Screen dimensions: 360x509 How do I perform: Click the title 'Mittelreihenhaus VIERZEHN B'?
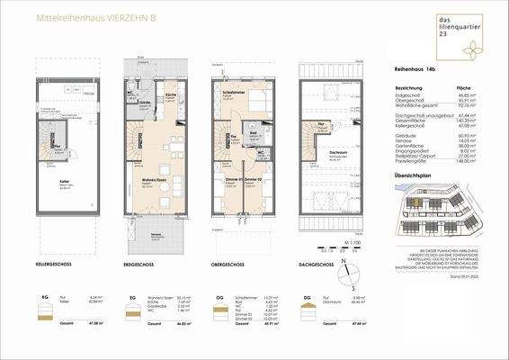(88, 17)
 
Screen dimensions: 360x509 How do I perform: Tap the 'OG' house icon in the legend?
(220, 310)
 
